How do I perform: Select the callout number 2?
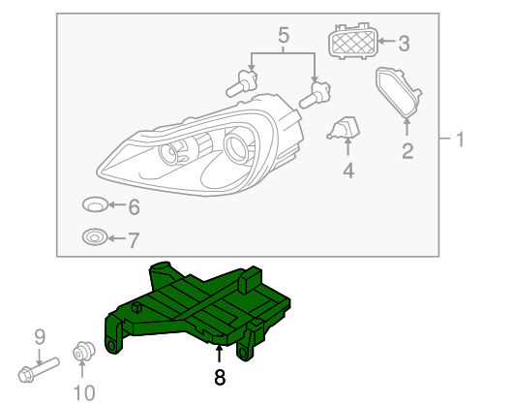tap(407, 149)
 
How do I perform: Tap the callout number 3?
tap(405, 42)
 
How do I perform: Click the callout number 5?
tap(284, 37)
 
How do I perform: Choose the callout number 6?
tap(134, 206)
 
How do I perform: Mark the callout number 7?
tap(134, 238)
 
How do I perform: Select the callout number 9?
tap(40, 336)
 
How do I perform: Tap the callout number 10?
tap(84, 391)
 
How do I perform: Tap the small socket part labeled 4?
tap(347, 130)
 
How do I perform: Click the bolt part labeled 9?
tap(38, 369)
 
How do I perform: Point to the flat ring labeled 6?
tap(94, 205)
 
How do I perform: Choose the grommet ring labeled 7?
tap(94, 237)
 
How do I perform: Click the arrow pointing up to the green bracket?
tap(220, 354)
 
